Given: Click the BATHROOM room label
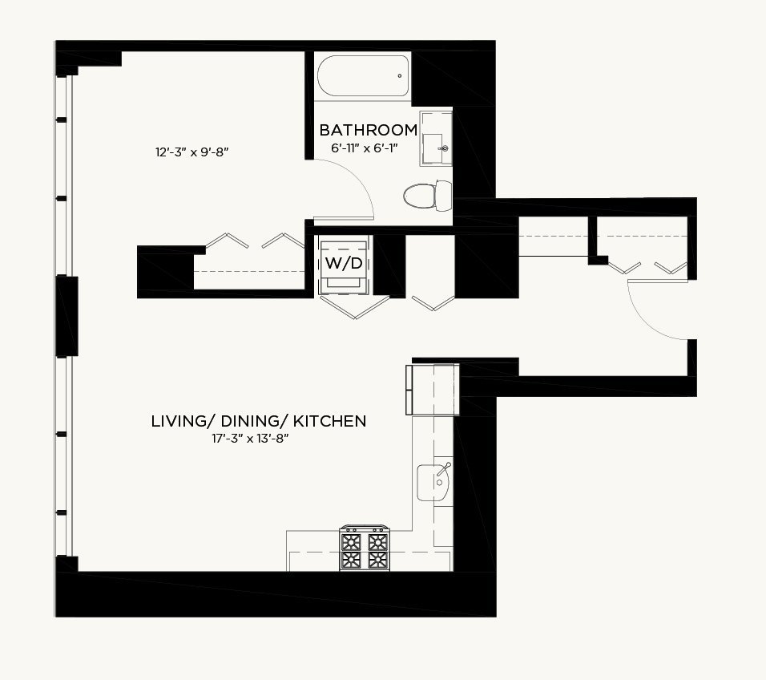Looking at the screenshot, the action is click(x=369, y=130).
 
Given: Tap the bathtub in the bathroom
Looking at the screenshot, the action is click(x=363, y=76).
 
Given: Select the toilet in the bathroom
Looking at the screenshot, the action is click(x=428, y=196).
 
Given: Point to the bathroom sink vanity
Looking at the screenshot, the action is click(x=436, y=139).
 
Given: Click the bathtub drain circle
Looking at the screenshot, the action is click(x=400, y=75).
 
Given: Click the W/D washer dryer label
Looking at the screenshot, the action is click(x=344, y=264).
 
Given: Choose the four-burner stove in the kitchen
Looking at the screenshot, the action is click(x=365, y=548).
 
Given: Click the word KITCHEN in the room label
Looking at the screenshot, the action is click(x=329, y=422).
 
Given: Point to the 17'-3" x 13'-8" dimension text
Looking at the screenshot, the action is click(x=250, y=439).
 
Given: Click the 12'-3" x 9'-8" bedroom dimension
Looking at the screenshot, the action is click(x=192, y=152).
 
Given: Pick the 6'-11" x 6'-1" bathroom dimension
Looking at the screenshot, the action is click(x=365, y=148).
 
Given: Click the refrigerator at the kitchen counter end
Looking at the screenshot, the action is click(x=433, y=389).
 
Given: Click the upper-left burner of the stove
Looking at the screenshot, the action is click(x=351, y=541).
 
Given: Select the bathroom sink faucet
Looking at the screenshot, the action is click(x=444, y=148).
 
